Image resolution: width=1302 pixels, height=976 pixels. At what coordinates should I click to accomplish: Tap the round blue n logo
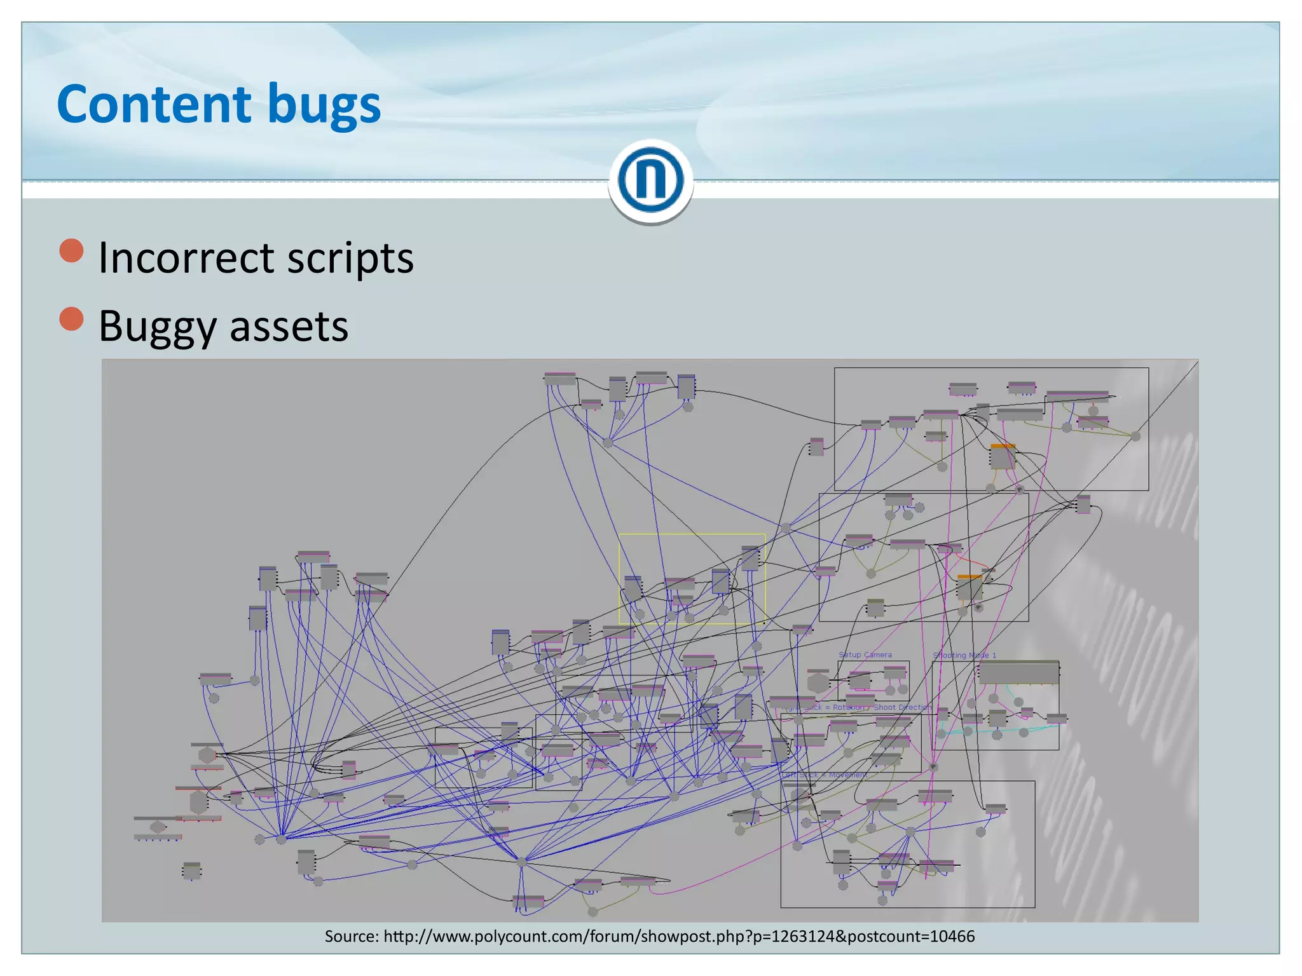pyautogui.click(x=650, y=180)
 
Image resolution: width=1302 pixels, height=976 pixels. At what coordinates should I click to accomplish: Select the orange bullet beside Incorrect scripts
pyautogui.click(x=71, y=251)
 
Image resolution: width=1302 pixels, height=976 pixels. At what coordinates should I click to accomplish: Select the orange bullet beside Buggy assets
pyautogui.click(x=71, y=319)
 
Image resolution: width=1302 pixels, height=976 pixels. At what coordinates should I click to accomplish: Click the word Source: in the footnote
pyautogui.click(x=352, y=936)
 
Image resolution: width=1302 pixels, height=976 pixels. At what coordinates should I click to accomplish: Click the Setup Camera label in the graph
pyautogui.click(x=865, y=654)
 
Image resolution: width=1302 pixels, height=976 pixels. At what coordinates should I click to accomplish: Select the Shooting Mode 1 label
pyautogui.click(x=964, y=655)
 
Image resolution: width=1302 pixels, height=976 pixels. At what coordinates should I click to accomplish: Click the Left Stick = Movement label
pyautogui.click(x=825, y=775)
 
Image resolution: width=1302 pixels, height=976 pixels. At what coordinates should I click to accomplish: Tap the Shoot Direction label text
pyautogui.click(x=901, y=707)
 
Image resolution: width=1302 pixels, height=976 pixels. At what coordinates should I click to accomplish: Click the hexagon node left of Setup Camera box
pyautogui.click(x=818, y=682)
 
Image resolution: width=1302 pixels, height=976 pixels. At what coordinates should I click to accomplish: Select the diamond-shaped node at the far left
pyautogui.click(x=158, y=827)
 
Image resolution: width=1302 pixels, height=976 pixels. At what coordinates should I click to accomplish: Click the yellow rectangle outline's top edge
pyautogui.click(x=692, y=534)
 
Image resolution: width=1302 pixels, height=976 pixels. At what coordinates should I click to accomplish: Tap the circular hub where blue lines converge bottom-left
pyautogui.click(x=281, y=839)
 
